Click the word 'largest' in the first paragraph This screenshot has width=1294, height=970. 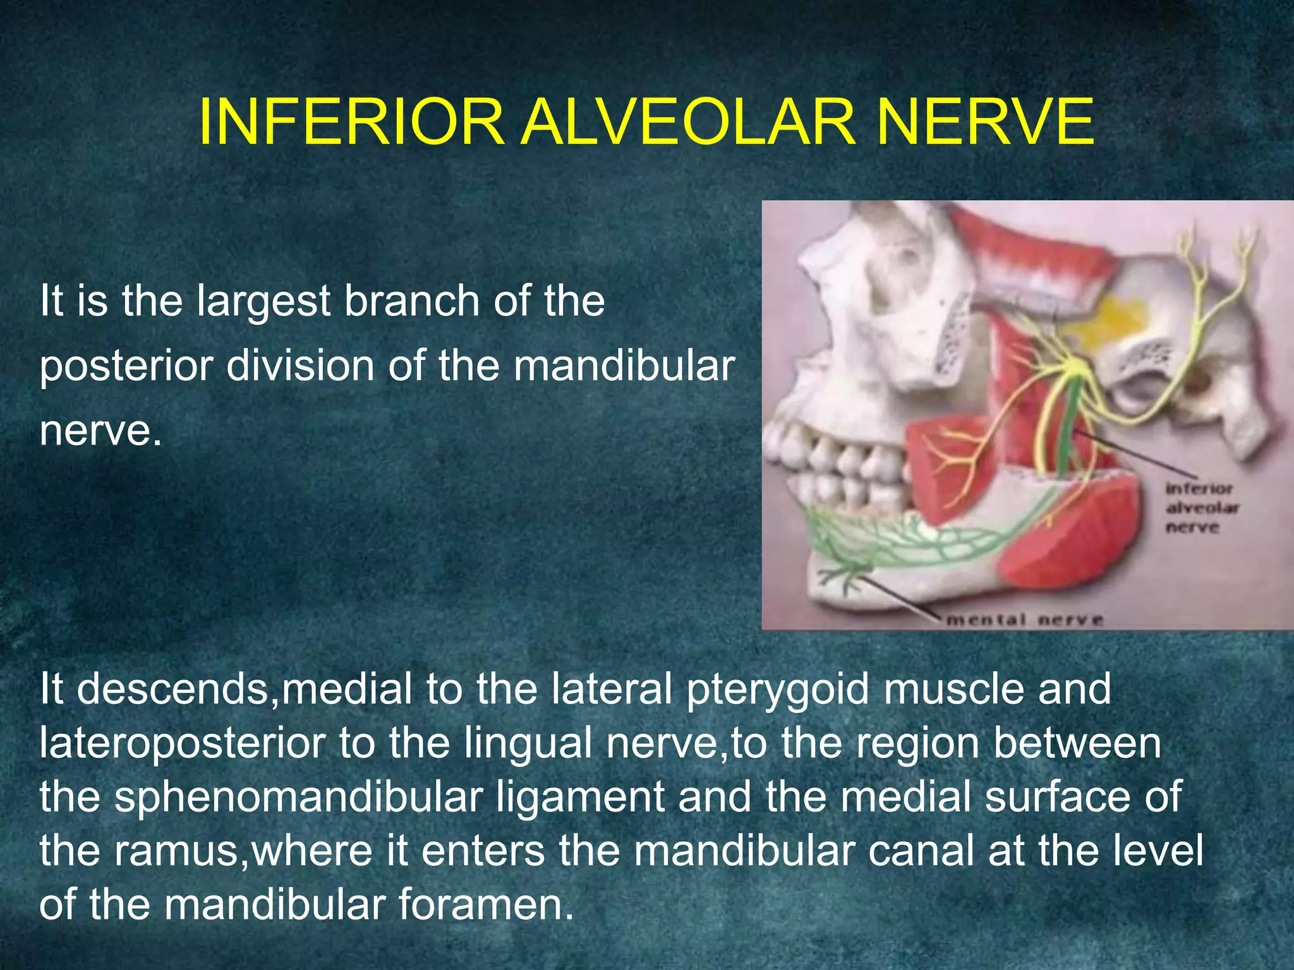pos(263,302)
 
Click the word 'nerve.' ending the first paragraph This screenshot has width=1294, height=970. pos(101,431)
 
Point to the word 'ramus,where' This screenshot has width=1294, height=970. pos(244,851)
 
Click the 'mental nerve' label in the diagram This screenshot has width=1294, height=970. pos(1024,620)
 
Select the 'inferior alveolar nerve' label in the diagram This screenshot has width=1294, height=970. pos(1200,508)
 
